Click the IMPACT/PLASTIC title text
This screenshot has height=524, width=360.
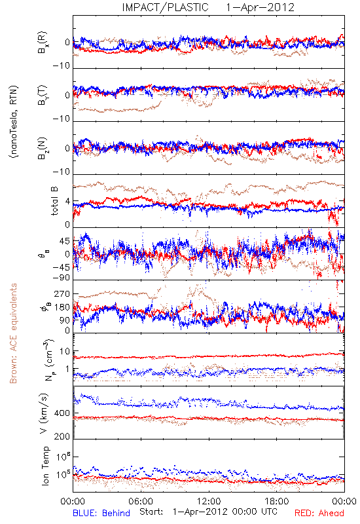click(x=166, y=7)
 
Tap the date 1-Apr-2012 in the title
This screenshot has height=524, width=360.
click(x=260, y=7)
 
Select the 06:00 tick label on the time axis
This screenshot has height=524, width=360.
click(x=141, y=501)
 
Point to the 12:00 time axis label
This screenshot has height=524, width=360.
click(x=209, y=501)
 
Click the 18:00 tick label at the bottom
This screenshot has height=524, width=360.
click(x=277, y=501)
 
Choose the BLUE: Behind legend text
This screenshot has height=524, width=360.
click(x=101, y=513)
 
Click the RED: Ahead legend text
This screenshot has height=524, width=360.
click(x=319, y=513)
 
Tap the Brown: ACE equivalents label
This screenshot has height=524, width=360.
click(x=13, y=333)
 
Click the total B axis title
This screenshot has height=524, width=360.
click(x=54, y=201)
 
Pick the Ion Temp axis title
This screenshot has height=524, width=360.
click(x=45, y=466)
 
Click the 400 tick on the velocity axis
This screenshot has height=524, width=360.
click(x=62, y=413)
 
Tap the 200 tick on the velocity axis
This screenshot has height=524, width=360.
click(x=62, y=436)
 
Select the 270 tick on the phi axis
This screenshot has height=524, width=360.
click(x=62, y=293)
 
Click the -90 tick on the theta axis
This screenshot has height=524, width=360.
click(x=61, y=278)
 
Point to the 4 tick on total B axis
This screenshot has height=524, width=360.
click(x=68, y=202)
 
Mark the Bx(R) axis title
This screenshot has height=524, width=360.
click(x=43, y=43)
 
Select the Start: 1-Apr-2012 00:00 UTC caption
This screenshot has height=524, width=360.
click(x=208, y=512)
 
